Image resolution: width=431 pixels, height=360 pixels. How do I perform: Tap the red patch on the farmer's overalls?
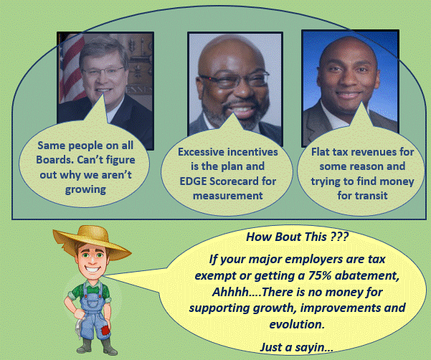(105, 330)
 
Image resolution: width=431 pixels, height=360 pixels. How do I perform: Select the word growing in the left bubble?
(85, 190)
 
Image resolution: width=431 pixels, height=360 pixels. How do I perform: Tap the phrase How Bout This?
(286, 237)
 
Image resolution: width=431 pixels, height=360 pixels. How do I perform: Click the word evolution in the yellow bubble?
(297, 324)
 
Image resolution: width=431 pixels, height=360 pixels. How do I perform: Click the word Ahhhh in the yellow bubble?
(230, 292)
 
